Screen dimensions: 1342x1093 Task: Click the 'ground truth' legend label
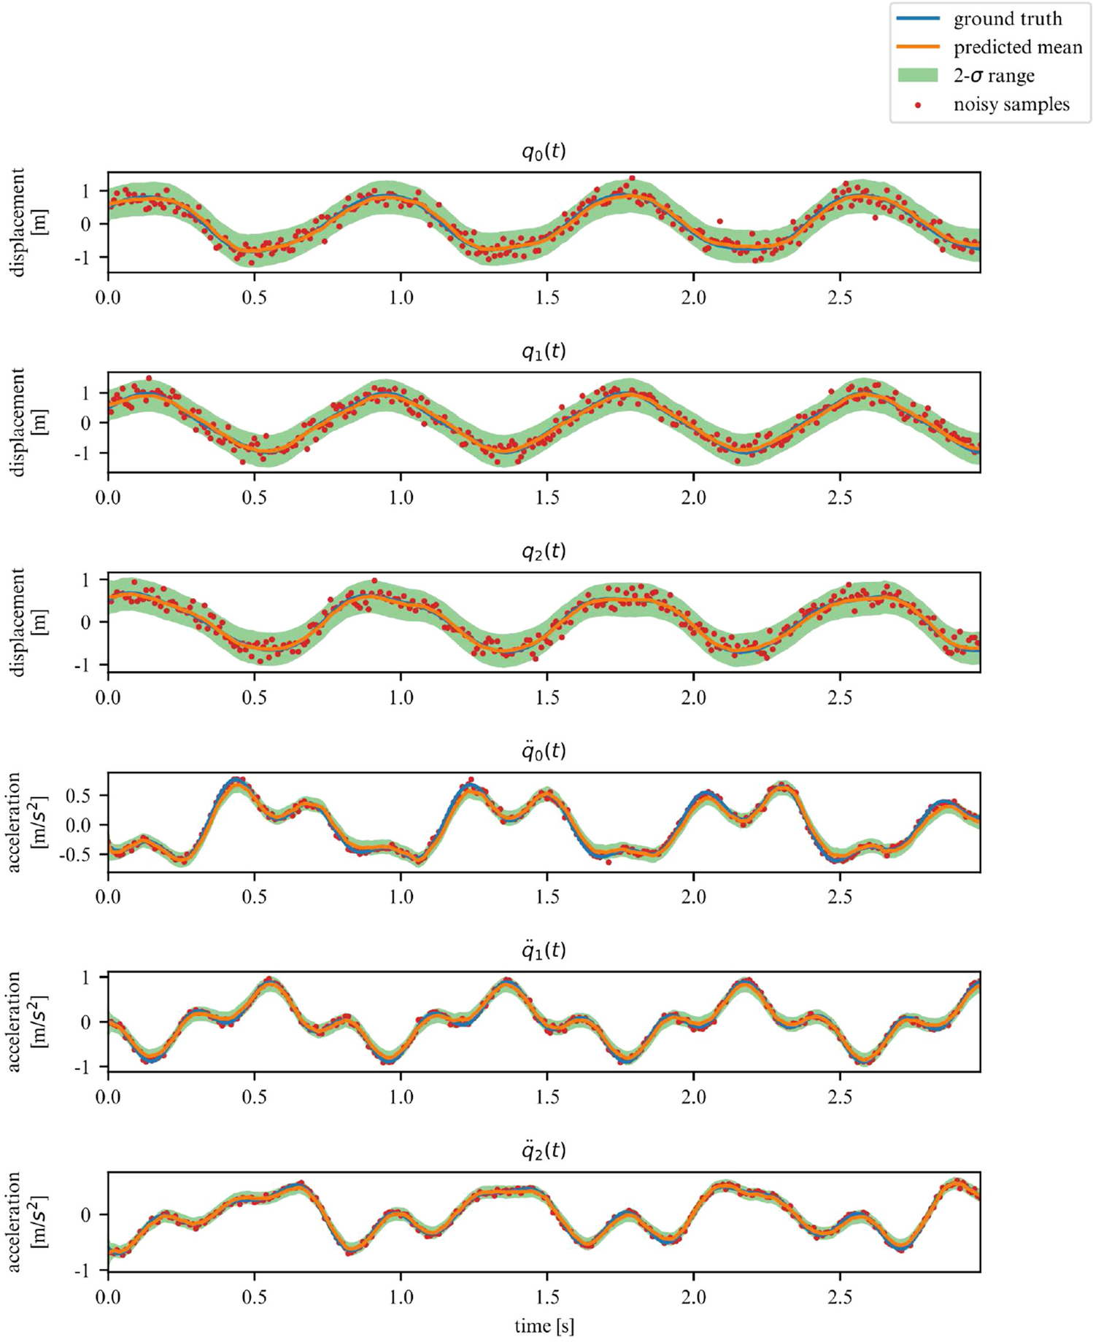[1007, 19]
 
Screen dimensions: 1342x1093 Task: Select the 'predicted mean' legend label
[1017, 47]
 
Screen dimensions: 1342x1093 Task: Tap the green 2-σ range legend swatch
[917, 76]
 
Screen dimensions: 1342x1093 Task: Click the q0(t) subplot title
[544, 152]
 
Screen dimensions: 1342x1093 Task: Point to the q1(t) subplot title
[544, 352]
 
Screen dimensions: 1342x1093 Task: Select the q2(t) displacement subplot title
[544, 551]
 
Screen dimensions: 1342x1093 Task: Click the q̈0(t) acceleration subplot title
[544, 750]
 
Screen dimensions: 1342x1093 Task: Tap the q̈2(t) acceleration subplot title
[544, 1150]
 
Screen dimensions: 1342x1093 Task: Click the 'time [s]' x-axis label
[544, 1325]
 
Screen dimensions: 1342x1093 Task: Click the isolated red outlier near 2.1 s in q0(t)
[719, 221]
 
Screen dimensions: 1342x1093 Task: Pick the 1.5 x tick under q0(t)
[547, 298]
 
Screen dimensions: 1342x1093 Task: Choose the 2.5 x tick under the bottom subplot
[840, 1298]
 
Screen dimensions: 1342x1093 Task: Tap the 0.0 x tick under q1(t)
[108, 498]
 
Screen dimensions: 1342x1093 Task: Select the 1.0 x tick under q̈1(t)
[401, 1098]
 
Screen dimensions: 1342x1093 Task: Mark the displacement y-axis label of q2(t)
[26, 621]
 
